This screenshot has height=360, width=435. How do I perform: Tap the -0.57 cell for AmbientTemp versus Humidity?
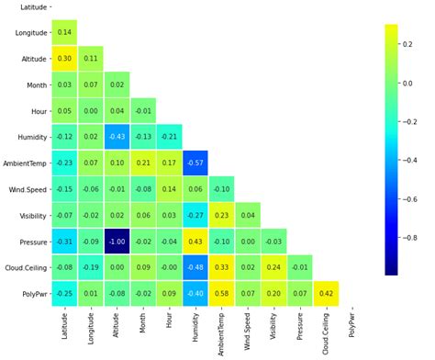tap(195, 163)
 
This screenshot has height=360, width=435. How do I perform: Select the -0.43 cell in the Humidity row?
tap(117, 137)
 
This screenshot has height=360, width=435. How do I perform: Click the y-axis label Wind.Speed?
tap(26, 189)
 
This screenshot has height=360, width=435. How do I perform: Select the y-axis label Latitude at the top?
tap(34, 7)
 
